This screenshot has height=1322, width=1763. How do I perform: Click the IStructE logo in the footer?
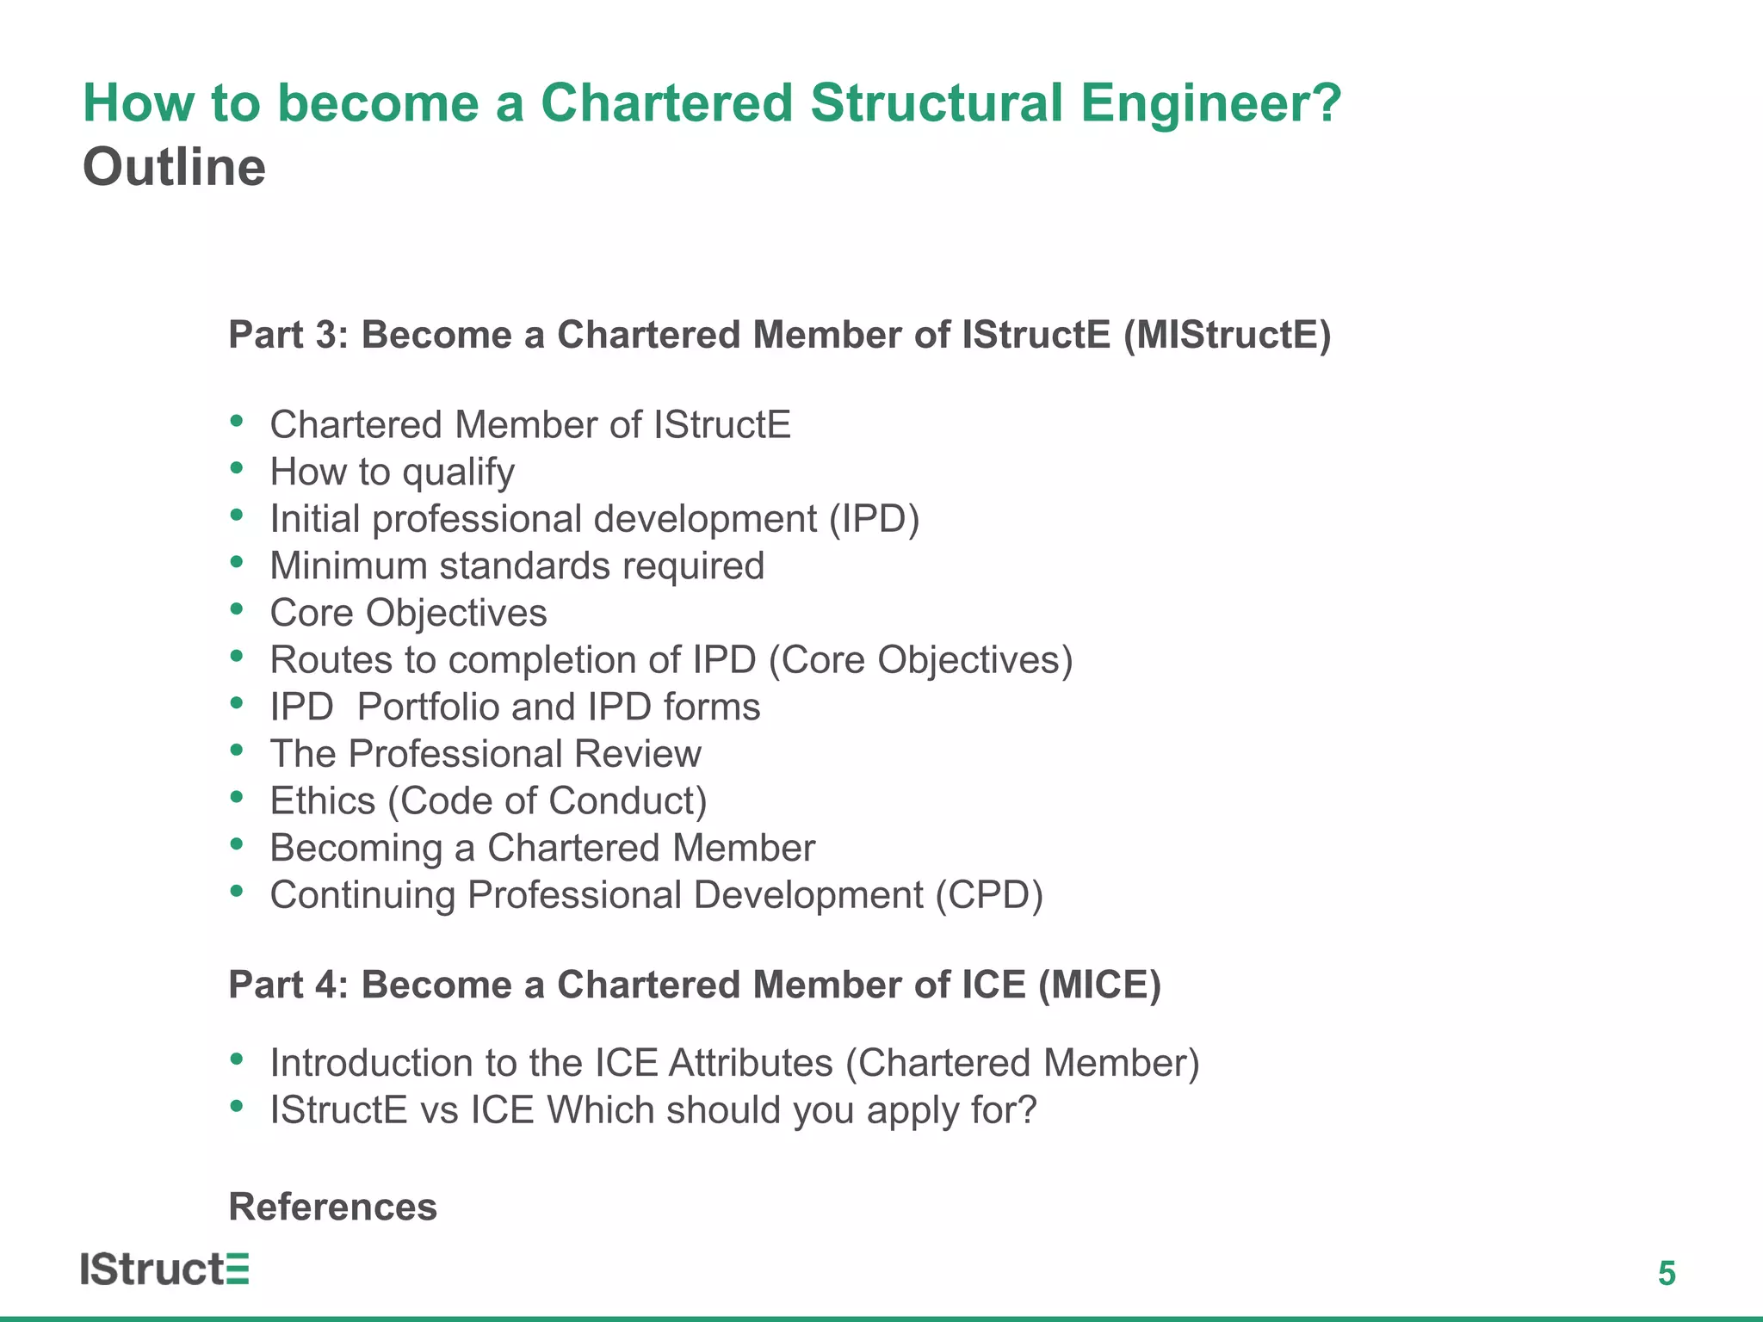164,1269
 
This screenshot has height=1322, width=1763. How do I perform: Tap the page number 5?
1667,1273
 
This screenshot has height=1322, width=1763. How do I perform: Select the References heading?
332,1207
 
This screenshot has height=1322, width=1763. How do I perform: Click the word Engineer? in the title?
1210,103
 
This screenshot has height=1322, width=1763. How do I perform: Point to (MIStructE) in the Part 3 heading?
1227,335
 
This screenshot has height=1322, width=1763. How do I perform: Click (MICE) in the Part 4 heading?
1099,985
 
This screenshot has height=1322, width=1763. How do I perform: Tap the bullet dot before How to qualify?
237,468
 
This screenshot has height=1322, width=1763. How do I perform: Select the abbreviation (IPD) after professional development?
875,519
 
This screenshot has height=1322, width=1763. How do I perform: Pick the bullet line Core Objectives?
408,613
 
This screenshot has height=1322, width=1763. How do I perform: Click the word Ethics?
323,801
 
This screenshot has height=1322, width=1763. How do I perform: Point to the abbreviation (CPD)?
989,895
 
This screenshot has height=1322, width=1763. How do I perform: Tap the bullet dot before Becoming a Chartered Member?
237,844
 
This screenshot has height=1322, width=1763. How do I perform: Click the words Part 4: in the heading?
288,985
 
